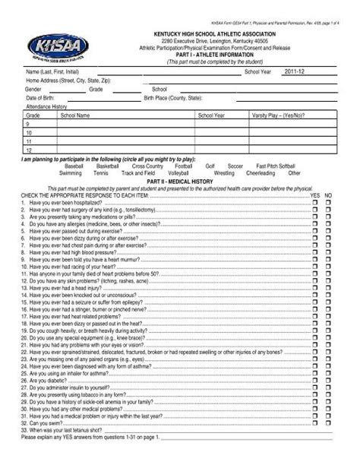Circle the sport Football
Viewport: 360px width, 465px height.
point(183,166)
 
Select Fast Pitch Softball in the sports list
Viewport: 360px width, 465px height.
point(276,166)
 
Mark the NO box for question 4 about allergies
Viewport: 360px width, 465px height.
point(329,225)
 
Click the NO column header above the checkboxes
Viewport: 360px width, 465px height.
point(329,195)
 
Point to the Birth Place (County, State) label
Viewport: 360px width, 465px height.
point(173,98)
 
